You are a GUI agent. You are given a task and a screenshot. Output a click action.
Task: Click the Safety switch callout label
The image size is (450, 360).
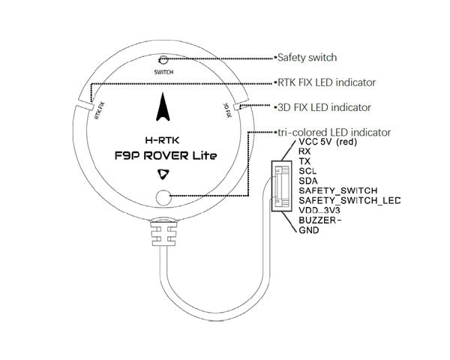tap(307, 57)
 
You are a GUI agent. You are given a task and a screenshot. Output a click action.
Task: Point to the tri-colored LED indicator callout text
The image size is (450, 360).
tap(334, 132)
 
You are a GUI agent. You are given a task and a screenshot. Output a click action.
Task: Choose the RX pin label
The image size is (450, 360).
tap(304, 151)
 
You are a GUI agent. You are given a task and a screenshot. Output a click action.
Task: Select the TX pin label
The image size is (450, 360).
tap(304, 161)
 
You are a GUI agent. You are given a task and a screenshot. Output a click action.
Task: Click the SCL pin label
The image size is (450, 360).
tap(307, 171)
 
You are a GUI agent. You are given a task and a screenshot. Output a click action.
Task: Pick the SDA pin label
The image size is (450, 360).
tap(307, 181)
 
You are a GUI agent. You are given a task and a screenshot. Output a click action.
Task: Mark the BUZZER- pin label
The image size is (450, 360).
tap(319, 221)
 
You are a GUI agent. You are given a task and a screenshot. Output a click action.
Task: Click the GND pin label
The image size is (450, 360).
tap(308, 231)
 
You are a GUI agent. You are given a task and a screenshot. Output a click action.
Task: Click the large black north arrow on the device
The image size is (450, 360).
tap(163, 111)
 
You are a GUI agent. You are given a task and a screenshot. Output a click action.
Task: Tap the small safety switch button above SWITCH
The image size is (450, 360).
tap(163, 61)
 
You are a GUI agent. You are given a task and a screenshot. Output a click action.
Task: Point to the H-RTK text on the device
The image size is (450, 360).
tap(163, 139)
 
